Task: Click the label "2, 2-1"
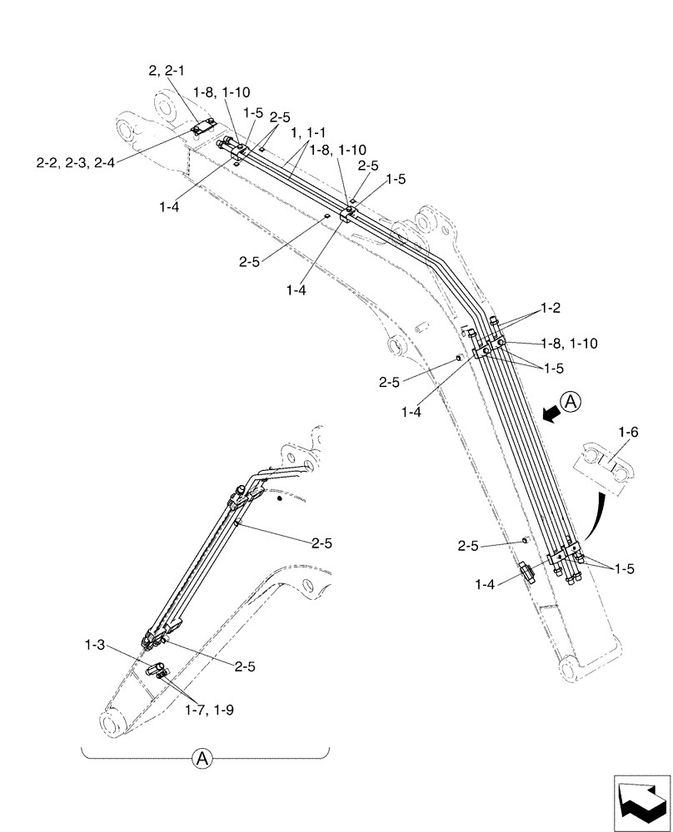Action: tap(169, 72)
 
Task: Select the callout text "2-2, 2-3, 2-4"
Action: tap(75, 162)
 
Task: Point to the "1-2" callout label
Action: tap(549, 308)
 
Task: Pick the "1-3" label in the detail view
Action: tap(95, 644)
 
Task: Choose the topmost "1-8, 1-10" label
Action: tap(221, 92)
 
